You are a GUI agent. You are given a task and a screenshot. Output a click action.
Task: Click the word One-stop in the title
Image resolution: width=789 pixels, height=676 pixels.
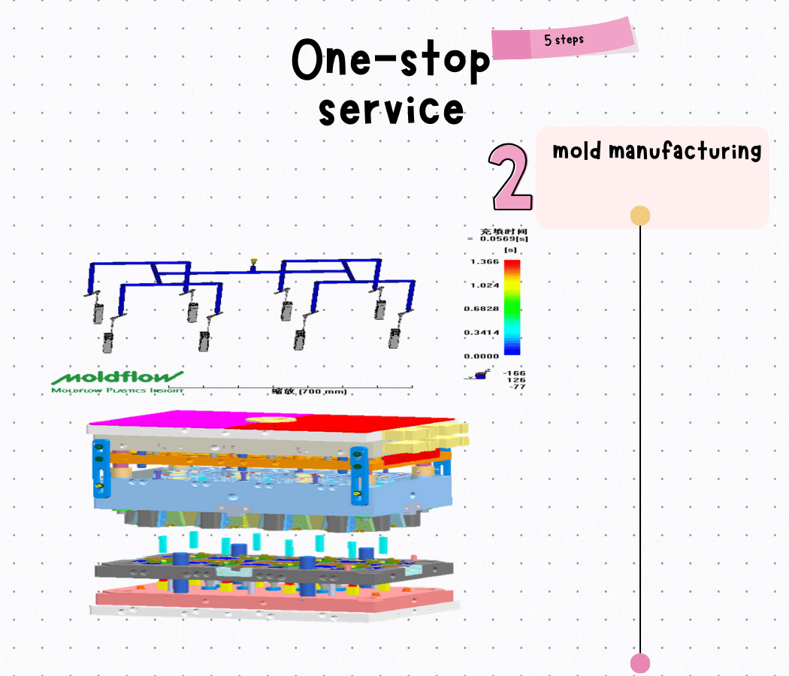(x=390, y=60)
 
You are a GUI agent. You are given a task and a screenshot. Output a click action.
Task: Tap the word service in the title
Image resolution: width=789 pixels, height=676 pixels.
(x=391, y=110)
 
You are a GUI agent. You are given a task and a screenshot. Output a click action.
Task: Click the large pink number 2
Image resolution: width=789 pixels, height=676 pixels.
(x=511, y=177)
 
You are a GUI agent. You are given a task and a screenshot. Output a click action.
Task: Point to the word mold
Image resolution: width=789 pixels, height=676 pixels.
(x=576, y=151)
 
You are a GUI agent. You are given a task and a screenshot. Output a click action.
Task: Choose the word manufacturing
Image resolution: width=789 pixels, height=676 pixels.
(x=685, y=151)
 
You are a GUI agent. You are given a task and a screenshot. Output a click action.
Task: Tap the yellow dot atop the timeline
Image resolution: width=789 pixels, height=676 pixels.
(x=639, y=216)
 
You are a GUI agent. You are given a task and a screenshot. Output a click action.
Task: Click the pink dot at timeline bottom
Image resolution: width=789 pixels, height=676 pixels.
(x=639, y=663)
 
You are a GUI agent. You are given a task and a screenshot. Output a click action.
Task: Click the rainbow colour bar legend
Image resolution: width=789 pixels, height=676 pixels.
(x=512, y=307)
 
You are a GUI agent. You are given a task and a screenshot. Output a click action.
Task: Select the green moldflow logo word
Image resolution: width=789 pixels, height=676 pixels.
(x=117, y=376)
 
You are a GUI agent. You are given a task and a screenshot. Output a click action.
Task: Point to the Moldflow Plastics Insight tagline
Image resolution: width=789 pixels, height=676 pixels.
(x=117, y=390)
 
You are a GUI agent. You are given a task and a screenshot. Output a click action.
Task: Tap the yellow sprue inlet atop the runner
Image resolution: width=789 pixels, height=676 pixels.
(x=255, y=263)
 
